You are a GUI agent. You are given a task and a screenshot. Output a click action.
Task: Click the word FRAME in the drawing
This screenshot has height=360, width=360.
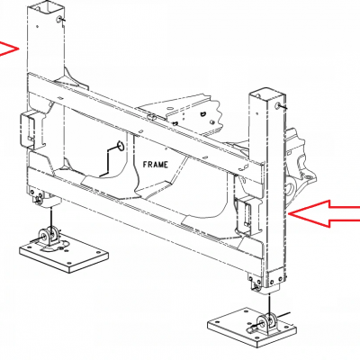(156, 165)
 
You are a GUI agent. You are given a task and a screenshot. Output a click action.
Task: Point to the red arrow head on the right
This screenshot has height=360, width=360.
(324, 213)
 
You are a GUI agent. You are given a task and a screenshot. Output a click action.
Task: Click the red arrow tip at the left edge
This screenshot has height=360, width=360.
(10, 49)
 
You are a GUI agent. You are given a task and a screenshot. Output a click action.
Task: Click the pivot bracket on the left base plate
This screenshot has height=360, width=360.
(49, 237)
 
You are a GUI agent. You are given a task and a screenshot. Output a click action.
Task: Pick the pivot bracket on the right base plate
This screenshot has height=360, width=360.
(267, 323)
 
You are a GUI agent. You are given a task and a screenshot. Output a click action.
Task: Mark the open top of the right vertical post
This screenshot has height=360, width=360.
(267, 93)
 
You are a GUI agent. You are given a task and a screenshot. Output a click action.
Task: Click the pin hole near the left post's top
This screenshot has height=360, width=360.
(58, 20)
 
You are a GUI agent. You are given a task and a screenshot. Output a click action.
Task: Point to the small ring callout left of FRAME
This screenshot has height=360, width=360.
(120, 146)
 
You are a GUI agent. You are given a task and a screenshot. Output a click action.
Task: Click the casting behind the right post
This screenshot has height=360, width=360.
(299, 168)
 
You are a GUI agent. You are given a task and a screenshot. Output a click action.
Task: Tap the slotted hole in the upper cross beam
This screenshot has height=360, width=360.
(152, 116)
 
